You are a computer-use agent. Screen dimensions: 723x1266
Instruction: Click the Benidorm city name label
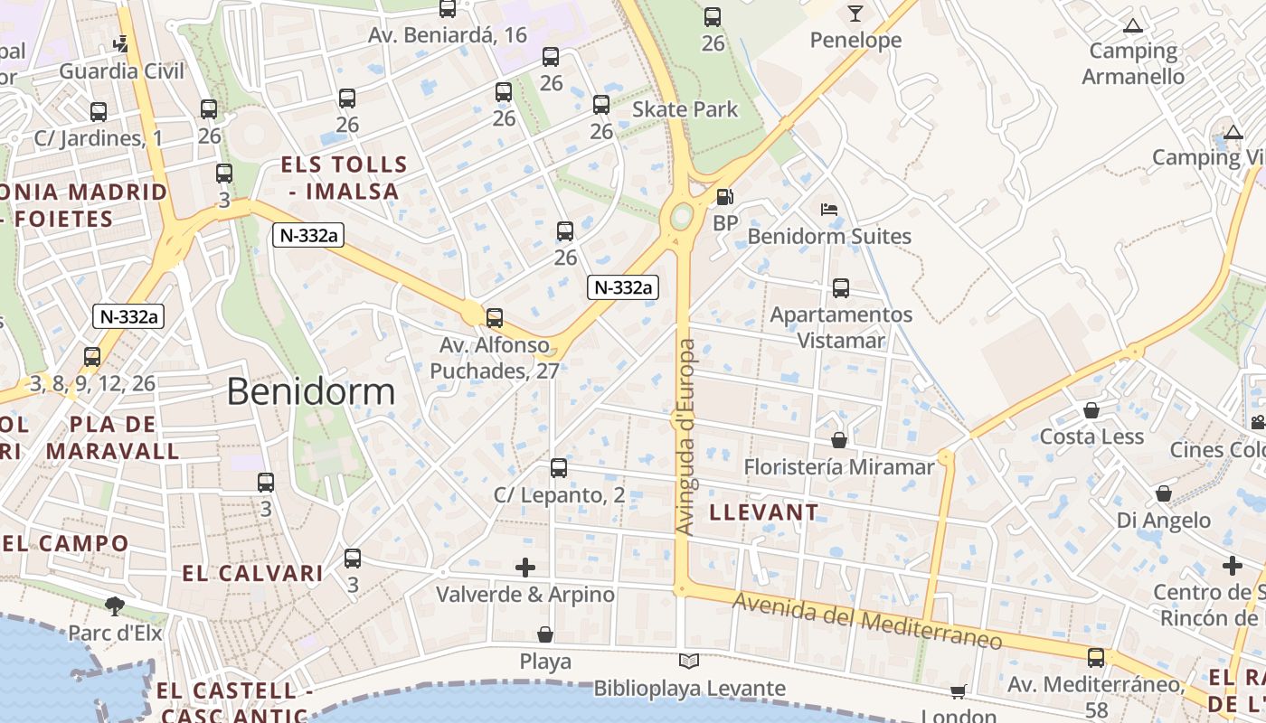coord(310,391)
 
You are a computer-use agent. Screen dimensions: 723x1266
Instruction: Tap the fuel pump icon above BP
coord(724,196)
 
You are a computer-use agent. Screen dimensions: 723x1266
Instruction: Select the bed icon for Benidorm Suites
coord(828,210)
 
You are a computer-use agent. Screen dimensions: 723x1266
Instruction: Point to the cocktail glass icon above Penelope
coord(855,13)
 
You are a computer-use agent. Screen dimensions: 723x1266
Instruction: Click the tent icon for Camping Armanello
coord(1132,25)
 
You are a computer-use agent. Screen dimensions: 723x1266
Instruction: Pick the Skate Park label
coord(685,109)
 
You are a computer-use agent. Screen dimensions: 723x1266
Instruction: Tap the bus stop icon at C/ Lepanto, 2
coord(559,468)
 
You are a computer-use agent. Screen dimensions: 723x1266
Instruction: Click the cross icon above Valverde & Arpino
coord(525,568)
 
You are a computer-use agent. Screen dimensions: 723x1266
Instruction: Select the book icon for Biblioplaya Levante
coord(689,662)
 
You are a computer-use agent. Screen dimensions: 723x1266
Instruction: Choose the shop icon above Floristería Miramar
coord(839,440)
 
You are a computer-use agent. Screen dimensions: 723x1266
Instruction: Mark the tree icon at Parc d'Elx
coord(115,606)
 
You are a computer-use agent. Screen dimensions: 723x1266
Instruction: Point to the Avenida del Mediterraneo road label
coord(867,621)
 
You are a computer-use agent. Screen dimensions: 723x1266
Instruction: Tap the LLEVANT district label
coord(764,512)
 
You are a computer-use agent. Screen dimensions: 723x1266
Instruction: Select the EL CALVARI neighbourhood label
coord(252,573)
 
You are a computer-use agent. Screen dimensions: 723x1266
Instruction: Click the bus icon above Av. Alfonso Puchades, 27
coord(494,318)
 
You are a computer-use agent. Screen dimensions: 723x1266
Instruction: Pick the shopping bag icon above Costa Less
coord(1091,410)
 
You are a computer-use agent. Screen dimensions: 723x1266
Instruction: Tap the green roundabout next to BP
coord(682,216)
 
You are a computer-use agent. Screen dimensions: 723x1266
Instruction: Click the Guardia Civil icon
coord(121,43)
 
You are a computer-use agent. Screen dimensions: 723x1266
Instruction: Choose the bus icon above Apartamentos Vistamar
coord(841,288)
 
